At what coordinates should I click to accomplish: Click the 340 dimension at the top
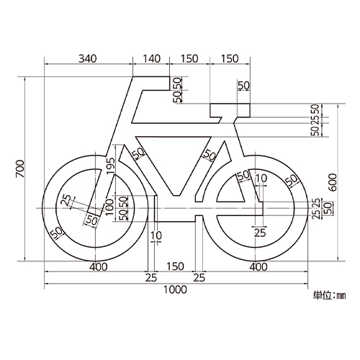click(88, 58)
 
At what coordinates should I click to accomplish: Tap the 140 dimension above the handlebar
click(152, 58)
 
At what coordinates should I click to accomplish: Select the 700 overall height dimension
click(20, 168)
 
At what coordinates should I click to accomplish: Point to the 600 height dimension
click(333, 183)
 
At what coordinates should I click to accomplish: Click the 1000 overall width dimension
click(175, 289)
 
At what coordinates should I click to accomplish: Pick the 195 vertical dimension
click(111, 166)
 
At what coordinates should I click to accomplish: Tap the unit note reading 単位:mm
click(329, 295)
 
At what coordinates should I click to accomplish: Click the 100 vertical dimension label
click(109, 207)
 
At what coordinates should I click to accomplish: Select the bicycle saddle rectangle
click(230, 110)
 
